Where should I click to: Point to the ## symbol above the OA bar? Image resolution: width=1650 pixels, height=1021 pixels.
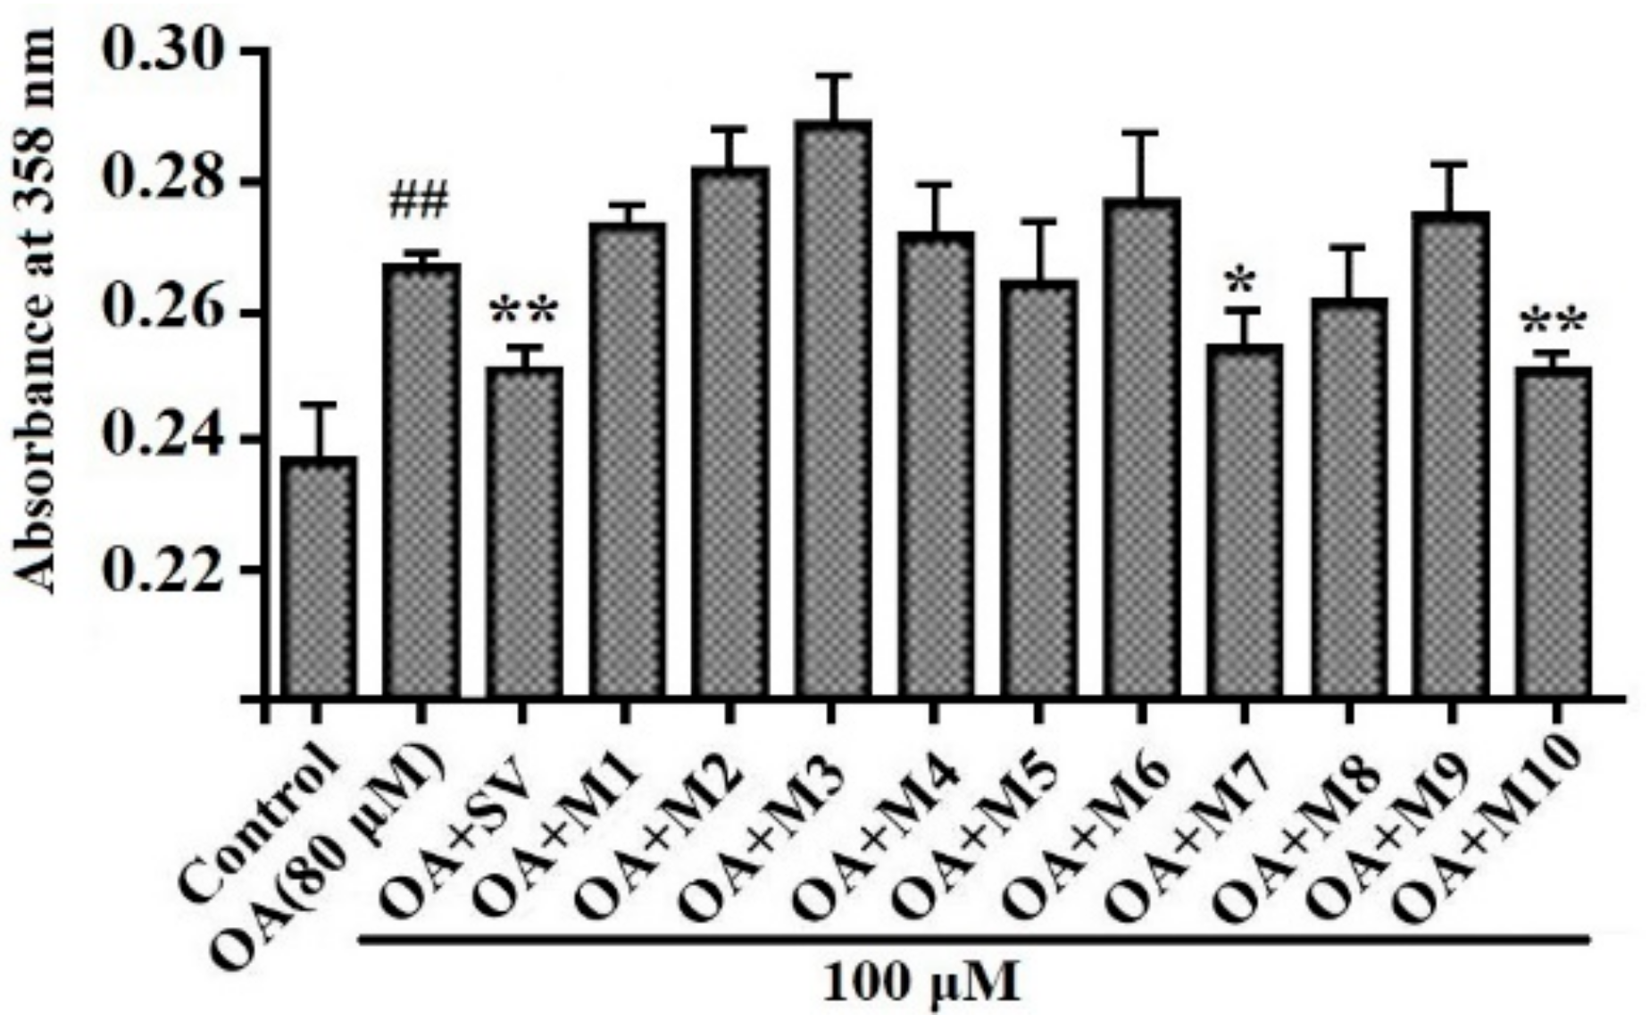(418, 203)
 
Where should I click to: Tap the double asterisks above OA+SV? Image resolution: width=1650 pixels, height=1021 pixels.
(524, 314)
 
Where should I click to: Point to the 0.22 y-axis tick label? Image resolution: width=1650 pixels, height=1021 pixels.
(161, 569)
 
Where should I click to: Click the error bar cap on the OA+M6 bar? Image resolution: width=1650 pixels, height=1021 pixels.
(1141, 132)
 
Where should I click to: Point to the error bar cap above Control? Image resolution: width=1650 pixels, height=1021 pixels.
(319, 404)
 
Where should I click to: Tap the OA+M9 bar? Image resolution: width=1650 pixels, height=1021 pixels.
(1451, 456)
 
